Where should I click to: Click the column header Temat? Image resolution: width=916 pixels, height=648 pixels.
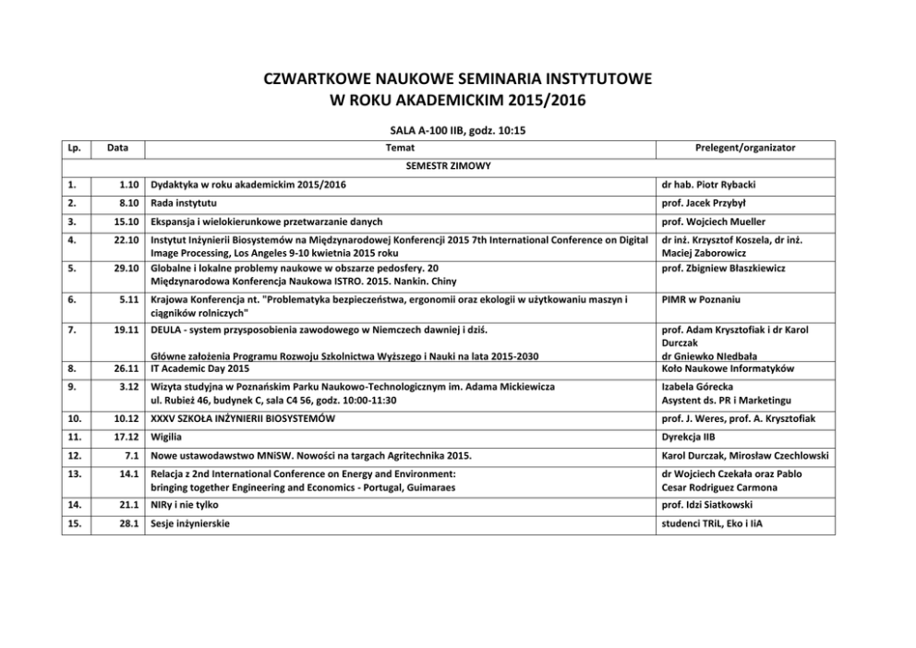coord(399,148)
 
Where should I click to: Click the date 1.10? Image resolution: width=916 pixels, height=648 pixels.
coord(128,186)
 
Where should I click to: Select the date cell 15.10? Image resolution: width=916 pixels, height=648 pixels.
coord(125,222)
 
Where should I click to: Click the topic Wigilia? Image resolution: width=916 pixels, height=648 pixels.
coord(168,436)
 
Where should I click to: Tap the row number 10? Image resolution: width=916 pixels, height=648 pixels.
coord(75,418)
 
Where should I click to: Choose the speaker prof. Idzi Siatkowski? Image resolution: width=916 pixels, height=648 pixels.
coord(705,505)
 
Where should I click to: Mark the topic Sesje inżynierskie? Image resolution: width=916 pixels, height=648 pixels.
coord(190,523)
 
